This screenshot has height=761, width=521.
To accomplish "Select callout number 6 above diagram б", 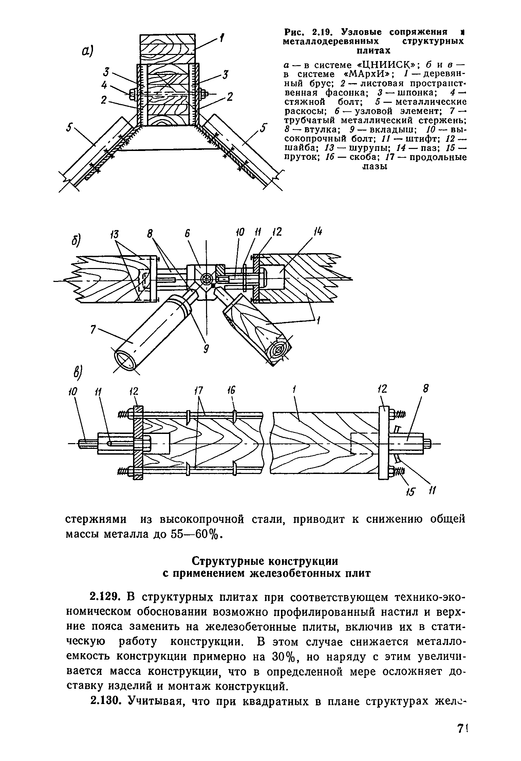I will [x=187, y=234].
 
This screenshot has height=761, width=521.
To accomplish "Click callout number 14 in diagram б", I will [x=318, y=232].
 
